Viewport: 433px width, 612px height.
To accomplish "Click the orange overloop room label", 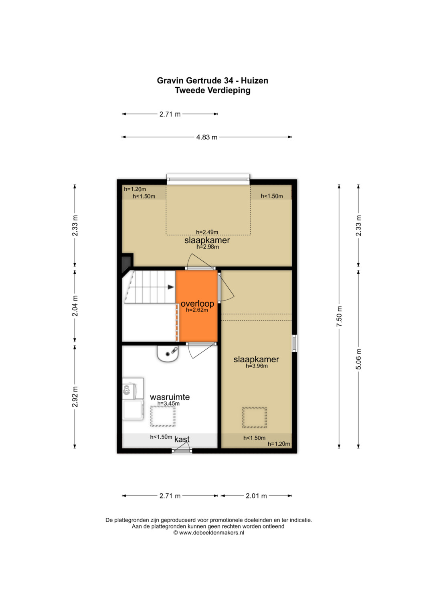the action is pos(197,303).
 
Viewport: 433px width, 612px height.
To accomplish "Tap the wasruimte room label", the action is pos(170,397).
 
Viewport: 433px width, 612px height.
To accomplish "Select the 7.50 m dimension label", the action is pos(339,316).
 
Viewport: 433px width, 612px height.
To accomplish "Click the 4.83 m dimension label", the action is pos(206,137).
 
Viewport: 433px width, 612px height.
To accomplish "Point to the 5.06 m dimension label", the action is pos(358,359).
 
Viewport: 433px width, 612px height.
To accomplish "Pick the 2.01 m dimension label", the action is pos(256,496).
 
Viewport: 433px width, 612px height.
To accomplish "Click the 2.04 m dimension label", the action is pos(75,306).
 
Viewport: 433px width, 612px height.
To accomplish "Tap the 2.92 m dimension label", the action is pos(75,397).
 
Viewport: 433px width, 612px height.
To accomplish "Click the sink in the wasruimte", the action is pos(168,353).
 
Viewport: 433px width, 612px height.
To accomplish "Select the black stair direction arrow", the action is pos(171,287).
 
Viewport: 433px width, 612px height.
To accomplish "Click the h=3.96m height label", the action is pos(257,366).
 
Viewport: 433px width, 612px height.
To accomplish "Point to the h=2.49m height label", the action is pos(207,232).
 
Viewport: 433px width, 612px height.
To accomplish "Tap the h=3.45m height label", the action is pos(168,404).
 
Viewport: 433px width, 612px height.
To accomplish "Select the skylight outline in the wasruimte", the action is pos(163,416).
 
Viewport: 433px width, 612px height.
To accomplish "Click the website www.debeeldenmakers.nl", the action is pos(212,533).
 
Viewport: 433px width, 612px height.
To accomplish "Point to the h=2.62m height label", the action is pos(197,310).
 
